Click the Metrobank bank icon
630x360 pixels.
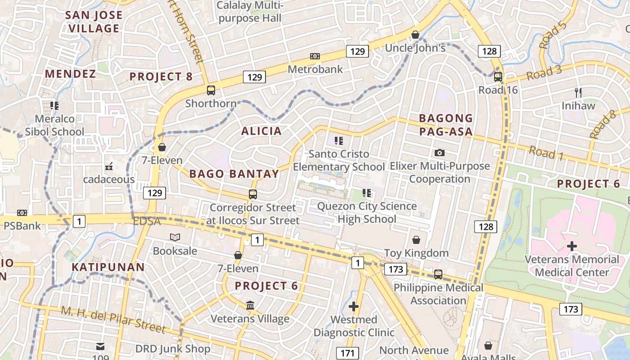click(315, 56)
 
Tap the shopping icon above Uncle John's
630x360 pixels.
click(415, 35)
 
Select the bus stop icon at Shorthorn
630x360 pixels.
click(211, 90)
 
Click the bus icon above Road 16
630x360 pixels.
click(498, 76)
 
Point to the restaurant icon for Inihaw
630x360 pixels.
click(578, 93)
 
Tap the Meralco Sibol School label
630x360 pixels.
click(54, 126)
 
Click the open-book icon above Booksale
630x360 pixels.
click(175, 237)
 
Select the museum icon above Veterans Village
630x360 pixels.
click(250, 306)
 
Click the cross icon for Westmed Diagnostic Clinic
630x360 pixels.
click(354, 307)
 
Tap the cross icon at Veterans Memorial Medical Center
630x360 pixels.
click(572, 246)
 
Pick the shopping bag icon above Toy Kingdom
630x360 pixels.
click(416, 240)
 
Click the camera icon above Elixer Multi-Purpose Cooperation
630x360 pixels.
click(440, 153)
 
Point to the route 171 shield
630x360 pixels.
click(347, 353)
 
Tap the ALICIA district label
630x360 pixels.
click(261, 131)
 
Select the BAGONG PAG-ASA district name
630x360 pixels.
click(446, 125)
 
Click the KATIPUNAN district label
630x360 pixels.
click(108, 267)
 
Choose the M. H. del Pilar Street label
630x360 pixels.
click(113, 319)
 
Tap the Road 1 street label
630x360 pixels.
click(546, 153)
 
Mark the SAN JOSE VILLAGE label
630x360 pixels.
click(94, 22)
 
